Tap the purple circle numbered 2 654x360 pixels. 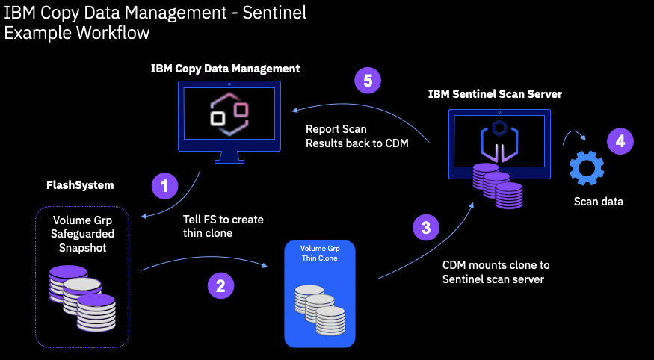[220, 285]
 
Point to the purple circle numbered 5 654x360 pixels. [368, 81]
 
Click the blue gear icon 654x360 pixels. [586, 167]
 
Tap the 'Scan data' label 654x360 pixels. [596, 201]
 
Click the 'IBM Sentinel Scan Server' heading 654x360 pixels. [495, 94]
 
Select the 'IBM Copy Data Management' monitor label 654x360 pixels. [225, 69]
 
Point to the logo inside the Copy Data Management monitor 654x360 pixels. [229, 117]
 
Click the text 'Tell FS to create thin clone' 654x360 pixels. [223, 226]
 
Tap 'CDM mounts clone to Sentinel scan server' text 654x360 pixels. [496, 272]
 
